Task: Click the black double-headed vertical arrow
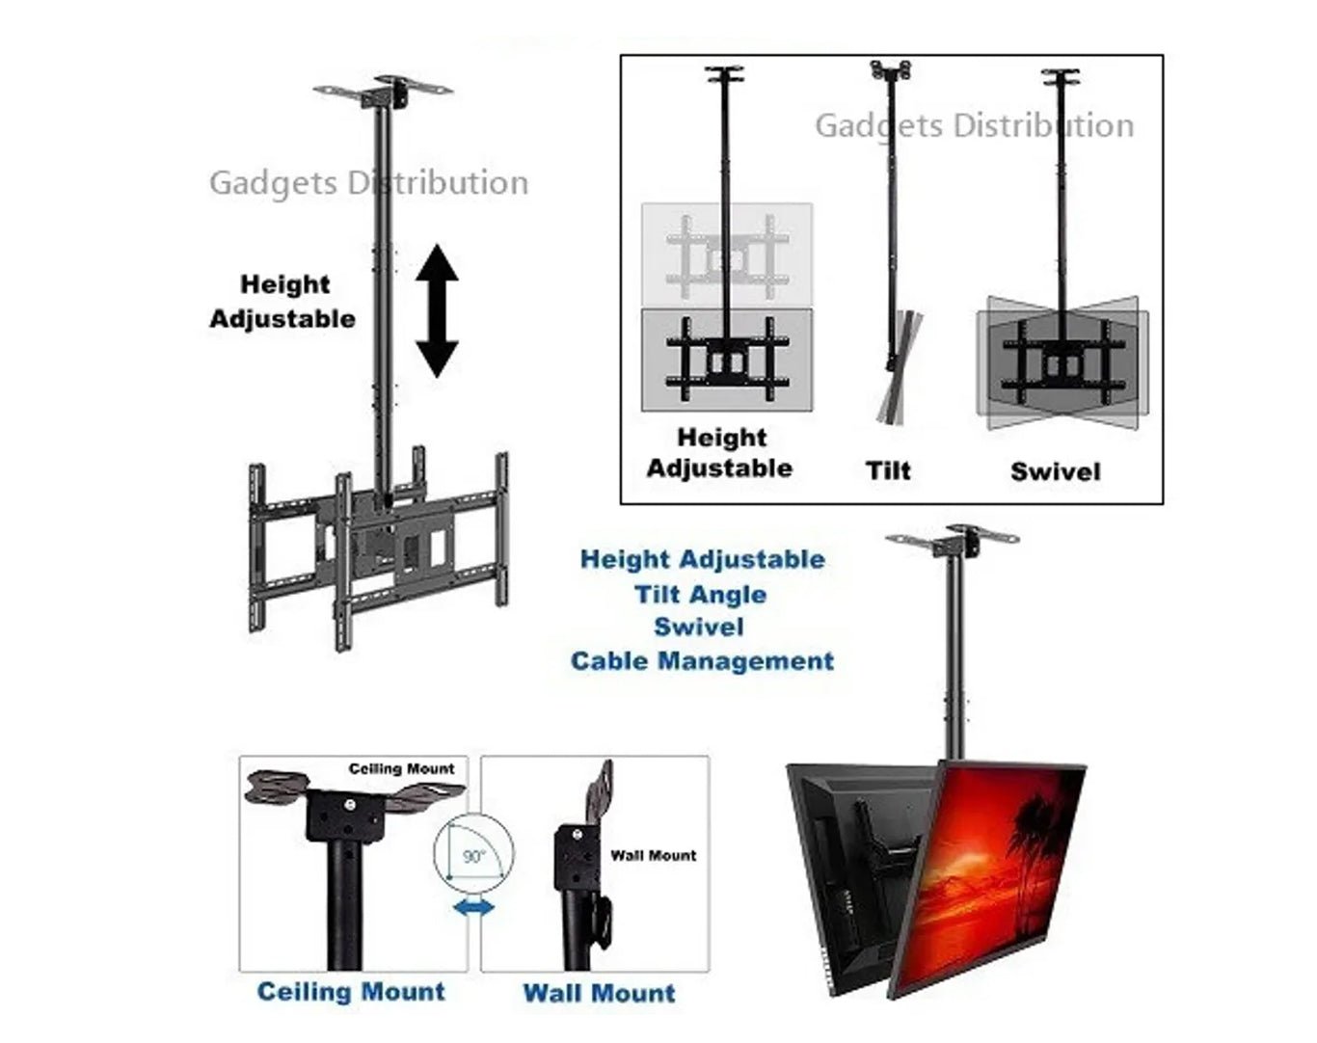coord(437,310)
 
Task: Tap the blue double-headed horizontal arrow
coord(473,906)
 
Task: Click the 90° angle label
coord(473,856)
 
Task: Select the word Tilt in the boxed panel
coord(888,470)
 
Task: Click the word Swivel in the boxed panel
coord(1055,471)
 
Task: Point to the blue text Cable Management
coord(702,661)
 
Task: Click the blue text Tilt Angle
coord(700,594)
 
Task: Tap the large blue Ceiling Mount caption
coord(351,992)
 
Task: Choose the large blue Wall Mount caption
coord(599,993)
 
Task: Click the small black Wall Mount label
coord(653,855)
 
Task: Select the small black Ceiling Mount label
coord(401,769)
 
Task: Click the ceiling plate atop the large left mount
coord(385,94)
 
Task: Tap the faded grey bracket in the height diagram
coord(727,254)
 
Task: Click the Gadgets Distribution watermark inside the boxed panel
coord(974,125)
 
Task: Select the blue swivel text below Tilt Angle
coord(699,628)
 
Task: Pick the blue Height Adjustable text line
coord(702,560)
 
